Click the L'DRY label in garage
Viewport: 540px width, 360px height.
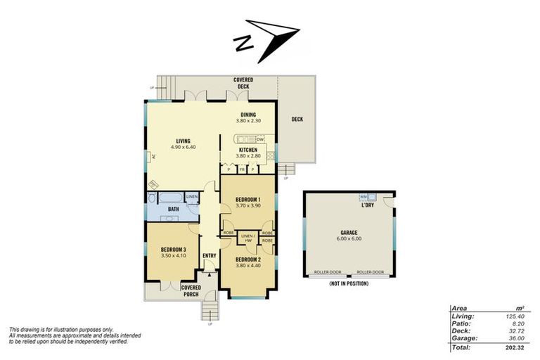click(366, 205)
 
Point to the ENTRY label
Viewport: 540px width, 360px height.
click(209, 255)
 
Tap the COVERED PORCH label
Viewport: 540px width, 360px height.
click(191, 290)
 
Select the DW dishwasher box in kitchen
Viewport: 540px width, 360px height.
click(259, 139)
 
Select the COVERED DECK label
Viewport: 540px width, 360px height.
click(243, 83)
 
